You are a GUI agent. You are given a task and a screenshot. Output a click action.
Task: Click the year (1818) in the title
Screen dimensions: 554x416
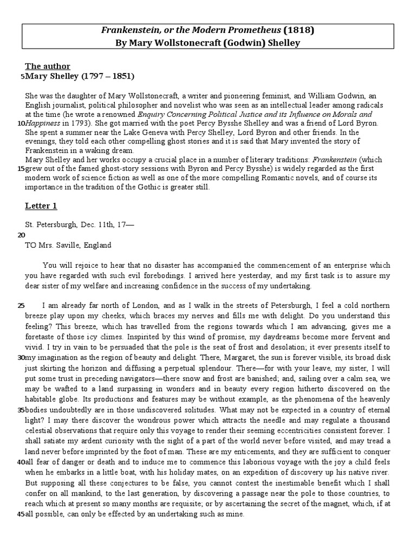tap(300, 30)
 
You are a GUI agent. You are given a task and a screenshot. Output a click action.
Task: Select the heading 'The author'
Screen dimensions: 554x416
tap(48, 67)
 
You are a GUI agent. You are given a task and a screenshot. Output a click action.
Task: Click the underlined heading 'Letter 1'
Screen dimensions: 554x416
tap(41, 206)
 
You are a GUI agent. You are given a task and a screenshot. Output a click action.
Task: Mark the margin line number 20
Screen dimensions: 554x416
tap(21, 235)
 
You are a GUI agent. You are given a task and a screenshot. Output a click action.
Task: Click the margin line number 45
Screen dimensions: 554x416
tap(21, 515)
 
